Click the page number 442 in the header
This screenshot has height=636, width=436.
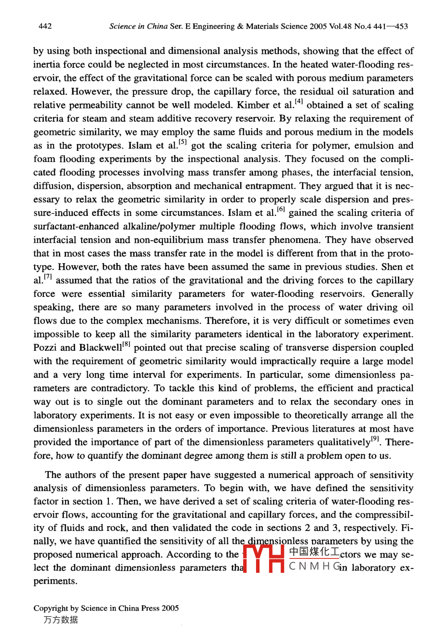(45, 26)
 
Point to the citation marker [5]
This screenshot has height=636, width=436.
(182, 142)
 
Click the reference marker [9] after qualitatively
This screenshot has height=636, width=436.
(375, 438)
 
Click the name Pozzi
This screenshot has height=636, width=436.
(45, 348)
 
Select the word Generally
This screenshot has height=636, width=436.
(390, 294)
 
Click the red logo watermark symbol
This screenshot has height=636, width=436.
(263, 558)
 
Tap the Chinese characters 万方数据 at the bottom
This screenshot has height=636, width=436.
(60, 620)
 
